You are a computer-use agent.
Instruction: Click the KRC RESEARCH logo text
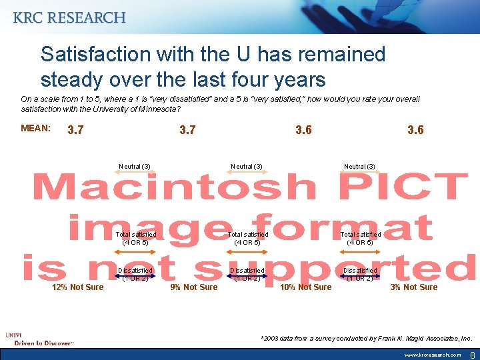click(x=69, y=17)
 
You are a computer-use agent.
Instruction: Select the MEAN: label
click(x=36, y=128)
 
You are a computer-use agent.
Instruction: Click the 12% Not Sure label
click(x=78, y=287)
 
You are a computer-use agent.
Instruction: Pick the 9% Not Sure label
click(x=193, y=287)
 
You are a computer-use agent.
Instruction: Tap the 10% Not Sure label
click(x=305, y=287)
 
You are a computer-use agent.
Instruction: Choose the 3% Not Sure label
click(x=414, y=287)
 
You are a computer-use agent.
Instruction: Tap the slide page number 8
click(x=473, y=355)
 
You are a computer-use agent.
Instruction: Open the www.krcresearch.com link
click(x=432, y=355)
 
